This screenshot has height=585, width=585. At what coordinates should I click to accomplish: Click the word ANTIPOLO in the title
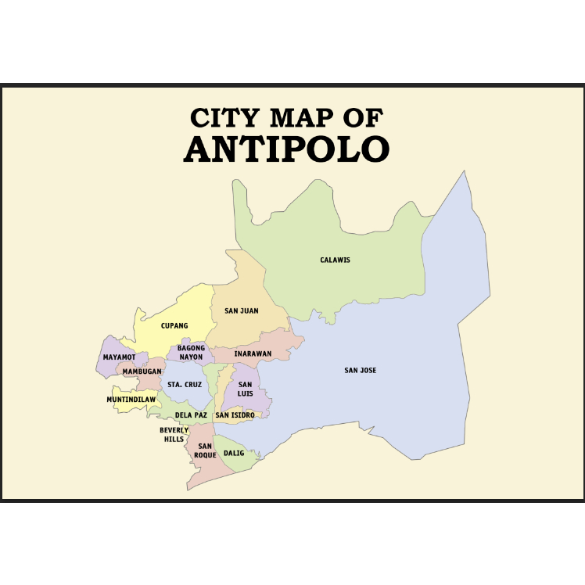[x=286, y=149]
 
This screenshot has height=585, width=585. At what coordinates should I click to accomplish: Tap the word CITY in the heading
[x=224, y=118]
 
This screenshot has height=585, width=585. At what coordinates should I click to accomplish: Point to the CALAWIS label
[x=335, y=260]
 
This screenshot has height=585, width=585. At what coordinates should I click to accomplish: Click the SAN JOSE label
[x=361, y=370]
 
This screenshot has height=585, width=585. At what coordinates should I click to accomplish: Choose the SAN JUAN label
[x=241, y=310]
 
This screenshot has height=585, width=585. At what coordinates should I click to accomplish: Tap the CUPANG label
[x=174, y=325]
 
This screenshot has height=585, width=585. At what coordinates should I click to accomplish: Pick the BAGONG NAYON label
[x=191, y=352]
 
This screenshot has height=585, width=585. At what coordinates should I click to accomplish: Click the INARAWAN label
[x=253, y=354]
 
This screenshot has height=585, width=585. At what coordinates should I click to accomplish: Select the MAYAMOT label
[x=119, y=357]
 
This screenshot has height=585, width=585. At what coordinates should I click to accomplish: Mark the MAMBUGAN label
[x=142, y=371]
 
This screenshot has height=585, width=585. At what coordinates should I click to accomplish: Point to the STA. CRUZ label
[x=185, y=385]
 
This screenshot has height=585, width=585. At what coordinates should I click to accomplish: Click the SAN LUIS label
[x=246, y=389]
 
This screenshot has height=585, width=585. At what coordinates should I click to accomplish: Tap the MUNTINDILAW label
[x=131, y=400]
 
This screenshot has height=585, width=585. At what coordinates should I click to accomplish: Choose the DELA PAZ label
[x=191, y=415]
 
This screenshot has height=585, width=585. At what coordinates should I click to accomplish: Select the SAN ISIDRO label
[x=235, y=415]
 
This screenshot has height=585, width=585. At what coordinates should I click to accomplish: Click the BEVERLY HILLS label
[x=174, y=434]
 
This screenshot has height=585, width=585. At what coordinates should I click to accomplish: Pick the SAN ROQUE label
[x=205, y=450]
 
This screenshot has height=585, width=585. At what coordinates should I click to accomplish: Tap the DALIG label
[x=234, y=453]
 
